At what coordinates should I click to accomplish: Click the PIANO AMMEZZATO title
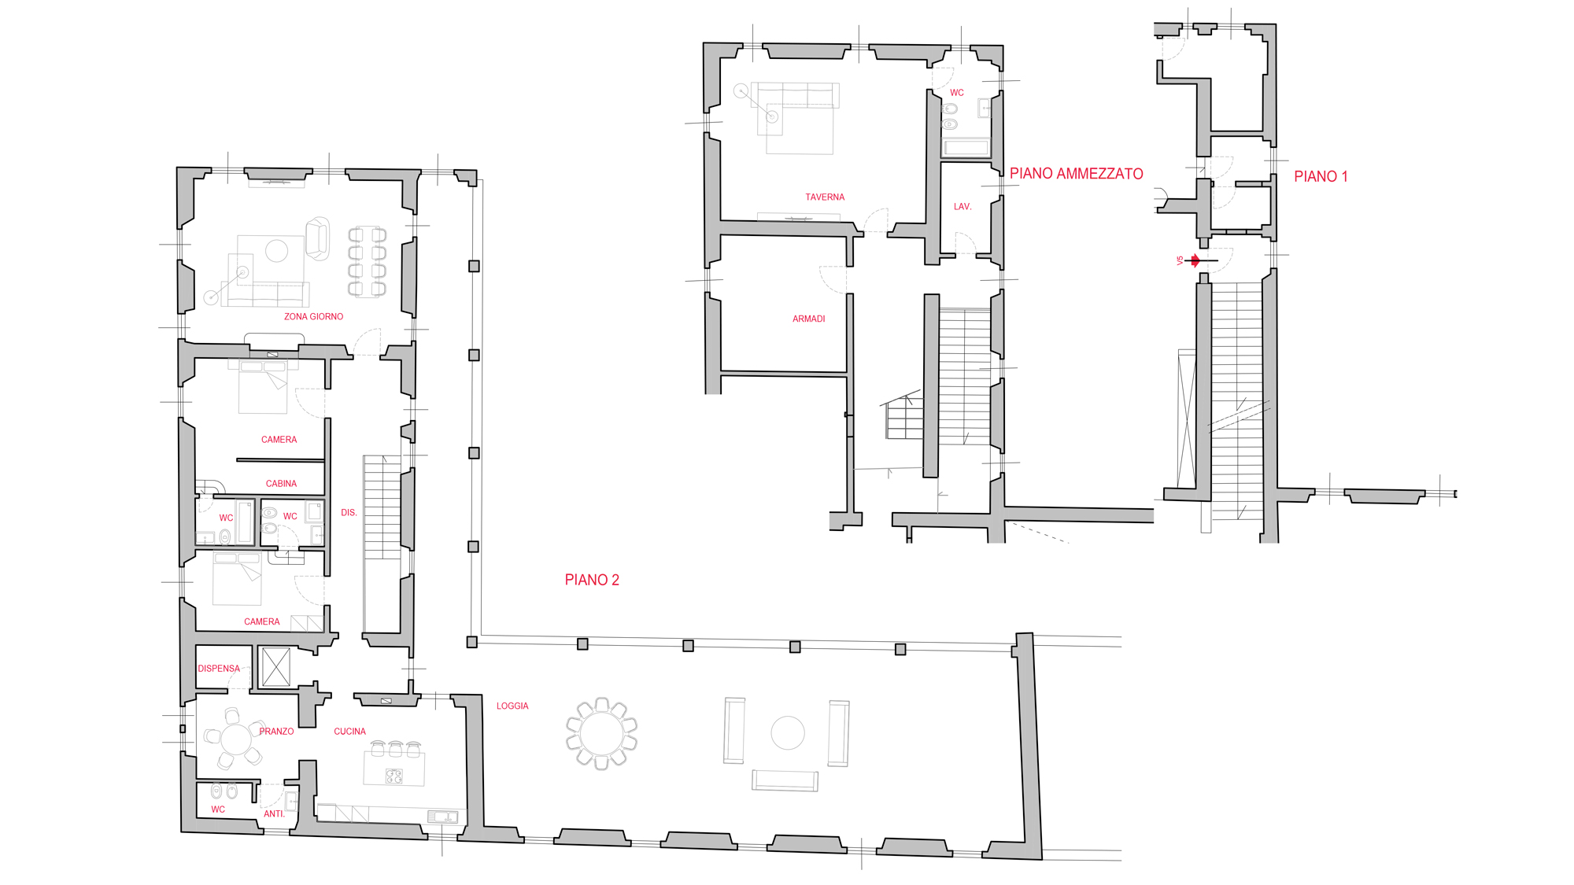[1076, 174]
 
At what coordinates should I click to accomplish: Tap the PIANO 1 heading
[1321, 177]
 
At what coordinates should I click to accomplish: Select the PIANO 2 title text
[592, 580]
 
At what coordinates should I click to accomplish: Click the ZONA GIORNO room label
[313, 317]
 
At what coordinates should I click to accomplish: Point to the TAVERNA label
[825, 197]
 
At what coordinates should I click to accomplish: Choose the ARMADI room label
[808, 319]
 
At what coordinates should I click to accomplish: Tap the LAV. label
[963, 207]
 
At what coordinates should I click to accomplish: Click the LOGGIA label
[512, 706]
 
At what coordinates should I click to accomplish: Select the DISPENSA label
[219, 669]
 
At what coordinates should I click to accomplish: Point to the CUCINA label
[349, 732]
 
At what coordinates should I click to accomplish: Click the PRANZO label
[276, 732]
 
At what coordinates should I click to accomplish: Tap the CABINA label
[281, 484]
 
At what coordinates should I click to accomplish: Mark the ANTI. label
[274, 814]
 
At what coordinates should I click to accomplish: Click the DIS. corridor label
[349, 513]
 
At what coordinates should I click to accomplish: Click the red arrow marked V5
[1195, 260]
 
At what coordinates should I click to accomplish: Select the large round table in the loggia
[601, 733]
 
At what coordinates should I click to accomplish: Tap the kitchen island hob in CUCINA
[394, 777]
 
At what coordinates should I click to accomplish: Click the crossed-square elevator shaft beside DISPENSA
[275, 667]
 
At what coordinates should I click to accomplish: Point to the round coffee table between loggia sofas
[788, 733]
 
